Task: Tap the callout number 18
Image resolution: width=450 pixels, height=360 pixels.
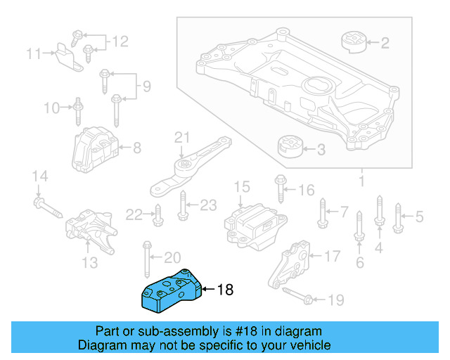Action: tap(224, 289)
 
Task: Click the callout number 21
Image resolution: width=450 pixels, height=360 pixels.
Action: tap(182, 136)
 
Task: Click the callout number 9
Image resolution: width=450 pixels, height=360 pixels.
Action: tap(146, 86)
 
